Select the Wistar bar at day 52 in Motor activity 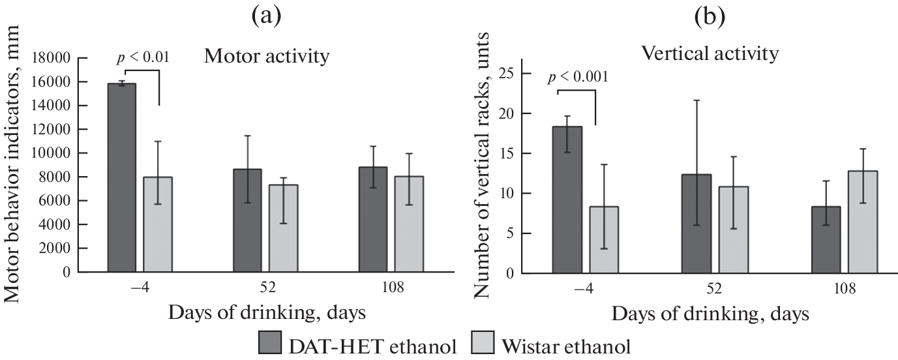coord(283,228)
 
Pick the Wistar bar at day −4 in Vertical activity coord(604,239)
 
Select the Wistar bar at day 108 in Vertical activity coord(862,222)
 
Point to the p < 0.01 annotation coord(143,57)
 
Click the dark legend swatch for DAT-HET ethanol coord(269,344)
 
